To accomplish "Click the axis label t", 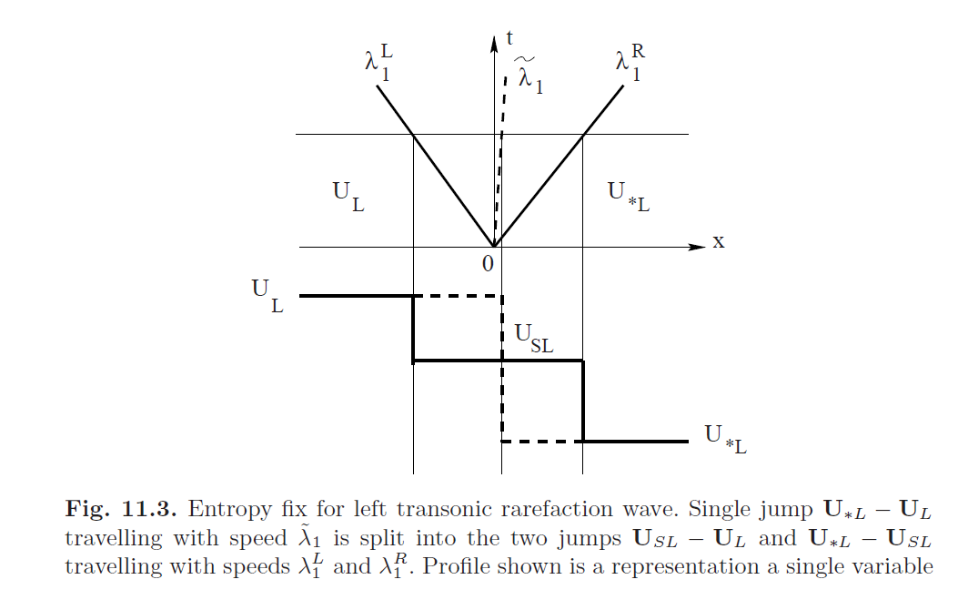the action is [510, 38].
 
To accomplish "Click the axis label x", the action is [718, 242].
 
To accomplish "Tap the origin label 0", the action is [488, 264].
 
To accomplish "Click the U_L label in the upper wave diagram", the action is [348, 194].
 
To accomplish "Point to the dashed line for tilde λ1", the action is [500, 146].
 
